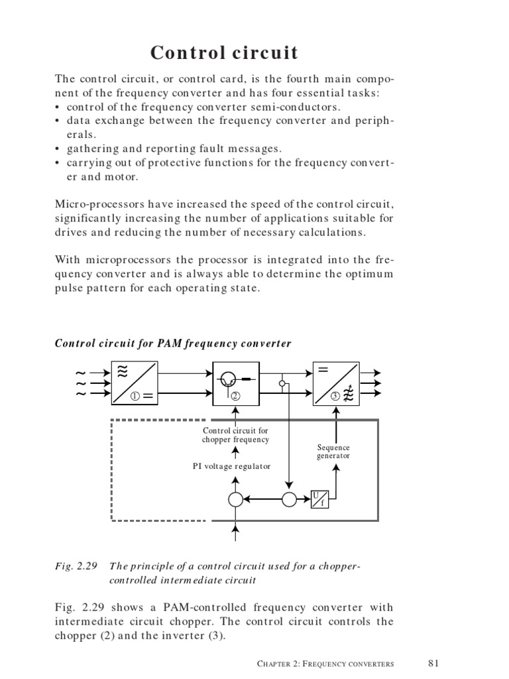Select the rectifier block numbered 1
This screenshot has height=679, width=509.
tap(135, 384)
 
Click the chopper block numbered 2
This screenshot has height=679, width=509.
tap(236, 384)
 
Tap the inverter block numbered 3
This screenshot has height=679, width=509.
tap(336, 384)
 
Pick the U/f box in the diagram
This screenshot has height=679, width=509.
tap(319, 499)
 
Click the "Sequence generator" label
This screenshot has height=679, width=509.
tap(333, 452)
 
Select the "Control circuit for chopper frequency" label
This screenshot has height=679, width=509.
tap(236, 435)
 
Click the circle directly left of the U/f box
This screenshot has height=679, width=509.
tap(290, 499)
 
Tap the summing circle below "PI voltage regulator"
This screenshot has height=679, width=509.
tap(236, 499)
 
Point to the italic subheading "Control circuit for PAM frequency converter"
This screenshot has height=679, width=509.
tap(173, 343)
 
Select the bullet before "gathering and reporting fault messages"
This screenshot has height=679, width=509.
tap(58, 149)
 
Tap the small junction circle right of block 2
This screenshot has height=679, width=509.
tap(282, 384)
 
